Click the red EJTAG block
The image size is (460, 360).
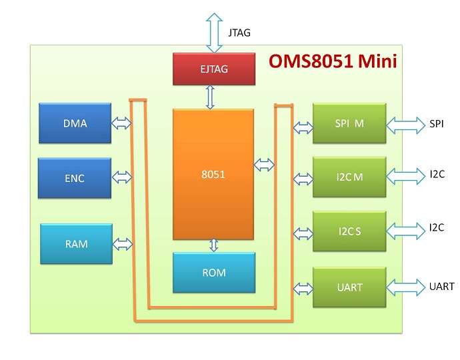pos(214,69)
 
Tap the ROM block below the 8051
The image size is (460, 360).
pos(213,273)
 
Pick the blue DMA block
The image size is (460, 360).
pos(75,123)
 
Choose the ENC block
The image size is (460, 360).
pos(75,177)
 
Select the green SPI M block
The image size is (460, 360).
pos(350,123)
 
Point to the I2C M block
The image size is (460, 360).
pos(350,177)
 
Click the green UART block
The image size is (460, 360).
pos(350,287)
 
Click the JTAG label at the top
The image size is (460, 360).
pos(239,32)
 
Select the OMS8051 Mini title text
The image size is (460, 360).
pos(333,62)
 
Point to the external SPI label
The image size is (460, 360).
pos(437,123)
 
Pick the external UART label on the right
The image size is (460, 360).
pos(441,287)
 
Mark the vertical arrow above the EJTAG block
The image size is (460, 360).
pos(215,32)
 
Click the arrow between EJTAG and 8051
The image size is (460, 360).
pos(211,97)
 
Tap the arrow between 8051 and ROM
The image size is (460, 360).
pos(214,245)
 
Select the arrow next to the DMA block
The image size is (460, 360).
pos(122,123)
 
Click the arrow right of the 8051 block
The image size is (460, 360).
pos(264,164)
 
